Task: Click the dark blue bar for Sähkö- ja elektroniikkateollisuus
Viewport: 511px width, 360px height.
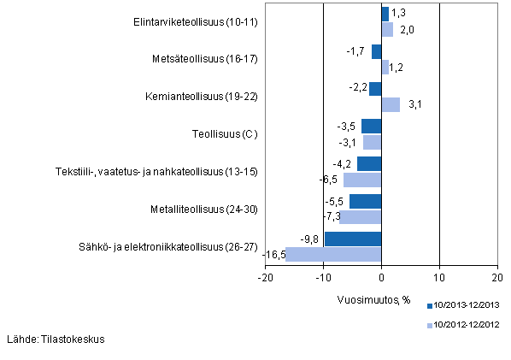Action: point(353,239)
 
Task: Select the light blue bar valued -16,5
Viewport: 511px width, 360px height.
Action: point(333,254)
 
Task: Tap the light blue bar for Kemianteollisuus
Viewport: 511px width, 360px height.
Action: point(391,104)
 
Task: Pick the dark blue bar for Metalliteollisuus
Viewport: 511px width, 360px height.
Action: point(365,201)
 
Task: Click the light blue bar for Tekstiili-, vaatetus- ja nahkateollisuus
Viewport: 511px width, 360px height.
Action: point(362,180)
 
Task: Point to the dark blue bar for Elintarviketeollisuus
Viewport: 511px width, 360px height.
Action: point(385,14)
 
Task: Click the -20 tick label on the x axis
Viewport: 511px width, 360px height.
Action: point(265,278)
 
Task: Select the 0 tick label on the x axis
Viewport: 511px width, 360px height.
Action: point(381,278)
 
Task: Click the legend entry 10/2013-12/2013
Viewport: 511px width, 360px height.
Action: point(465,305)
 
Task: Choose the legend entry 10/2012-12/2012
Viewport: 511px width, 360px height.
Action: point(465,325)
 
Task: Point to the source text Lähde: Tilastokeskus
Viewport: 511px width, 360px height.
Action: point(56,339)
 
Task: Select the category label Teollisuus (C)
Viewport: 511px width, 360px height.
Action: point(226,134)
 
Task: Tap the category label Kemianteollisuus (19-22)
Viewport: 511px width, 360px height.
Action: point(202,97)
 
